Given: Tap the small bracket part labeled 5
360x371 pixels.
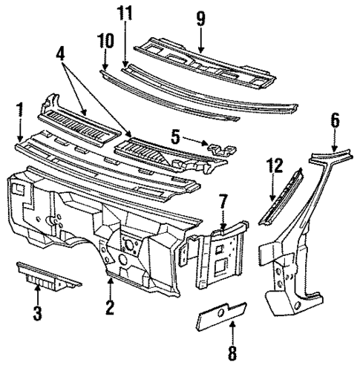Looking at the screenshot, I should tap(215, 148).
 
